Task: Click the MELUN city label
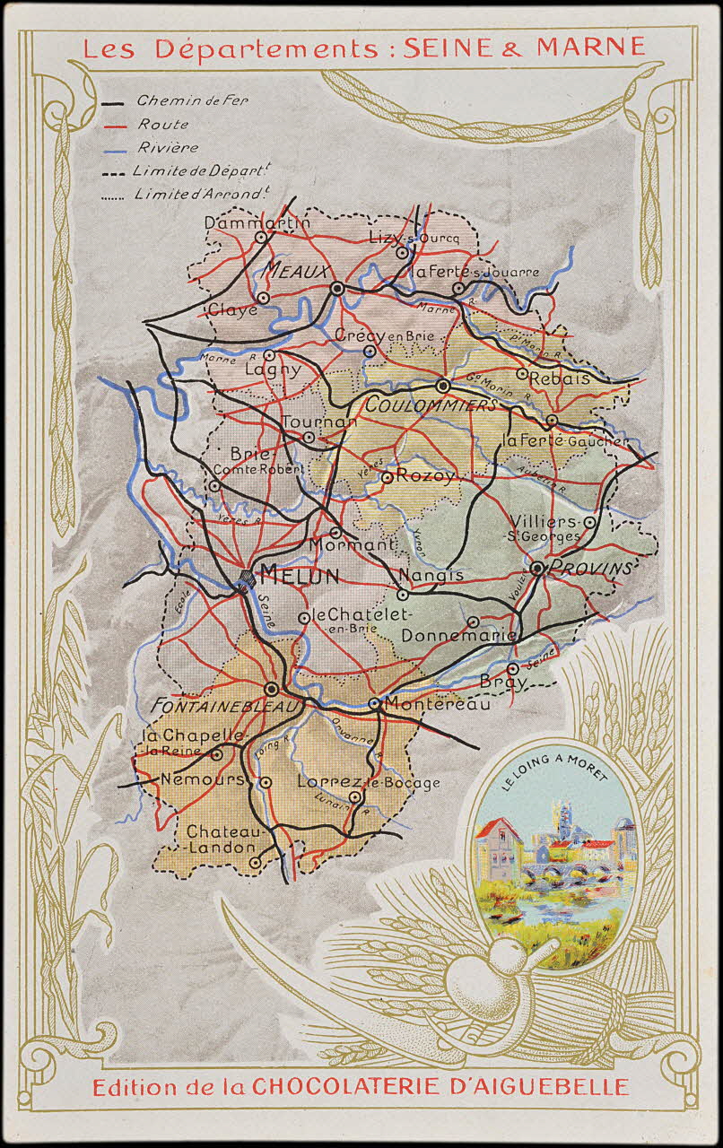click(299, 576)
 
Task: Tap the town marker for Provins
click(536, 568)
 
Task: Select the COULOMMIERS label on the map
click(431, 405)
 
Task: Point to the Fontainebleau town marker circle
click(272, 689)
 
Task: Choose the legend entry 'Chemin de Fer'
click(192, 100)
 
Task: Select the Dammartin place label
click(257, 222)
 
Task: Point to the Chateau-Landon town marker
click(255, 862)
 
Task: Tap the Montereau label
click(438, 705)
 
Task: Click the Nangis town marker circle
click(403, 594)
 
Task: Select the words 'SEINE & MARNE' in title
click(524, 48)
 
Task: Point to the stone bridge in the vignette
click(566, 870)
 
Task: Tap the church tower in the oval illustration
click(562, 818)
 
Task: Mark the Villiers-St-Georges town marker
click(589, 521)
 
